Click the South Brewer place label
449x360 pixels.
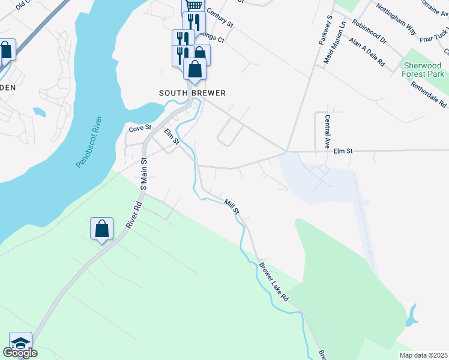[x=192, y=93]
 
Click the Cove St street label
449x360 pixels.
[x=139, y=129]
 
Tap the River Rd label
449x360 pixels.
[x=133, y=214]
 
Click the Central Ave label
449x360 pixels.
[x=328, y=132]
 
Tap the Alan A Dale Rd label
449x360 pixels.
[x=367, y=53]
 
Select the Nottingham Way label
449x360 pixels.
[x=396, y=19]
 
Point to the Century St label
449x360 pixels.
[x=219, y=17]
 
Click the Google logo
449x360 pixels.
[x=20, y=353]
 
